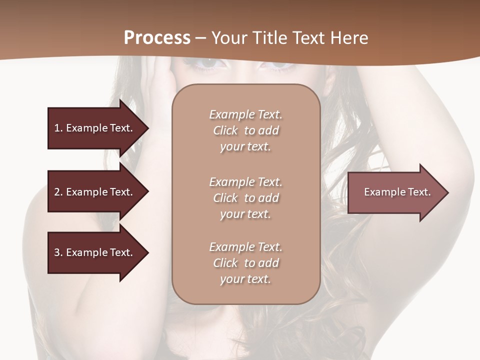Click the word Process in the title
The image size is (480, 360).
pyautogui.click(x=157, y=38)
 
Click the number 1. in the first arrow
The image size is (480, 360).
pyautogui.click(x=58, y=128)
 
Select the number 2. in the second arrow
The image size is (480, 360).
pyautogui.click(x=58, y=192)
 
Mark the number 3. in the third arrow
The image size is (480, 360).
pyautogui.click(x=58, y=252)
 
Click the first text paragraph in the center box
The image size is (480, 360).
pyautogui.click(x=245, y=130)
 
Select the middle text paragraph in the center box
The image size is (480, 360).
pyautogui.click(x=245, y=198)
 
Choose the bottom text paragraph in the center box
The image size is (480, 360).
pyautogui.click(x=245, y=263)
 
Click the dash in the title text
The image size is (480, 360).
pyautogui.click(x=201, y=38)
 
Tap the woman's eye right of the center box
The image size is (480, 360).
pyautogui.click(x=280, y=64)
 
